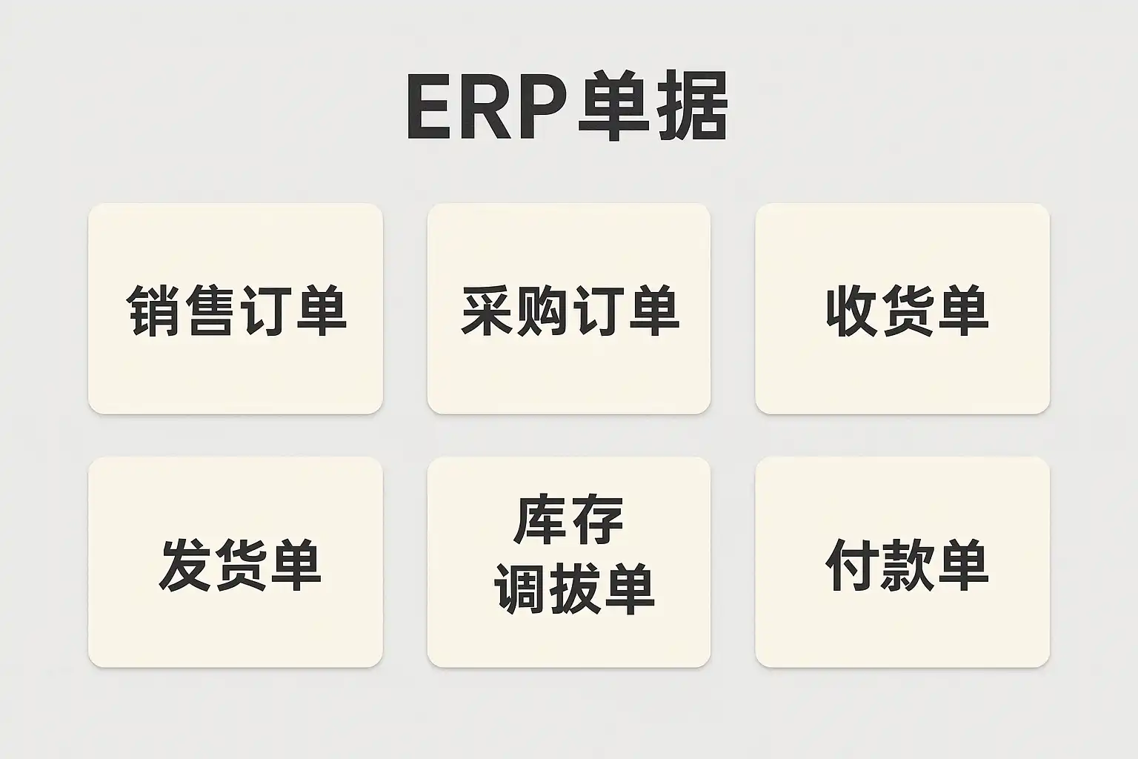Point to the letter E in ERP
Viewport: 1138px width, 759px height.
point(429,108)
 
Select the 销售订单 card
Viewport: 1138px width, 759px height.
point(236,308)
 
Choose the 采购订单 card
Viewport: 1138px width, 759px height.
point(569,308)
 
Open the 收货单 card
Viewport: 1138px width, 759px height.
point(902,308)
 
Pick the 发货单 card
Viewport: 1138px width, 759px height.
point(236,562)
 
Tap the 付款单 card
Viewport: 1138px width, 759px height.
point(902,562)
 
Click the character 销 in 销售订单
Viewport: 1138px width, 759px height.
point(153,310)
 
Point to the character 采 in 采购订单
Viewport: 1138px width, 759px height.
point(488,310)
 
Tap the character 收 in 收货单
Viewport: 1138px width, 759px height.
point(853,310)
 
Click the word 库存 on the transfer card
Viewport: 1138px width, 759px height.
point(569,520)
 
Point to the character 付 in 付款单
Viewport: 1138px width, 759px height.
point(853,565)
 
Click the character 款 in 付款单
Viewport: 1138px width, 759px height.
point(908,565)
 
